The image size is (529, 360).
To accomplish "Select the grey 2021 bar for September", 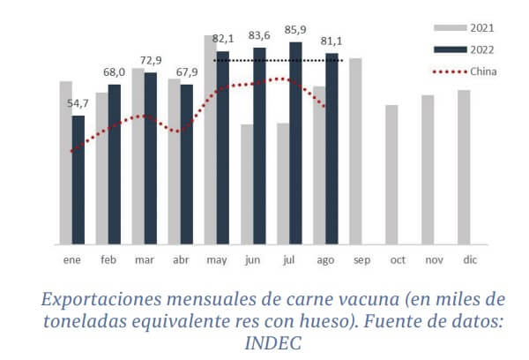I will (355, 151).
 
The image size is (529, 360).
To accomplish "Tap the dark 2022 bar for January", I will (78, 180).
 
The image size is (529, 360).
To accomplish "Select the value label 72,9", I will (151, 59).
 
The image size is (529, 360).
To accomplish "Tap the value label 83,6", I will (259, 35).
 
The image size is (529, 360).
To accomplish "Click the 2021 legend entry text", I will (481, 29).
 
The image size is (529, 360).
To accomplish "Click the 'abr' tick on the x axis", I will (181, 261).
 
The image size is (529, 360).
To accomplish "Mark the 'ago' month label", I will (325, 261).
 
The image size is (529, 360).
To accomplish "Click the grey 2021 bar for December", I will (464, 167).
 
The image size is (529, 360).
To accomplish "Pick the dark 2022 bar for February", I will (115, 164).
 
